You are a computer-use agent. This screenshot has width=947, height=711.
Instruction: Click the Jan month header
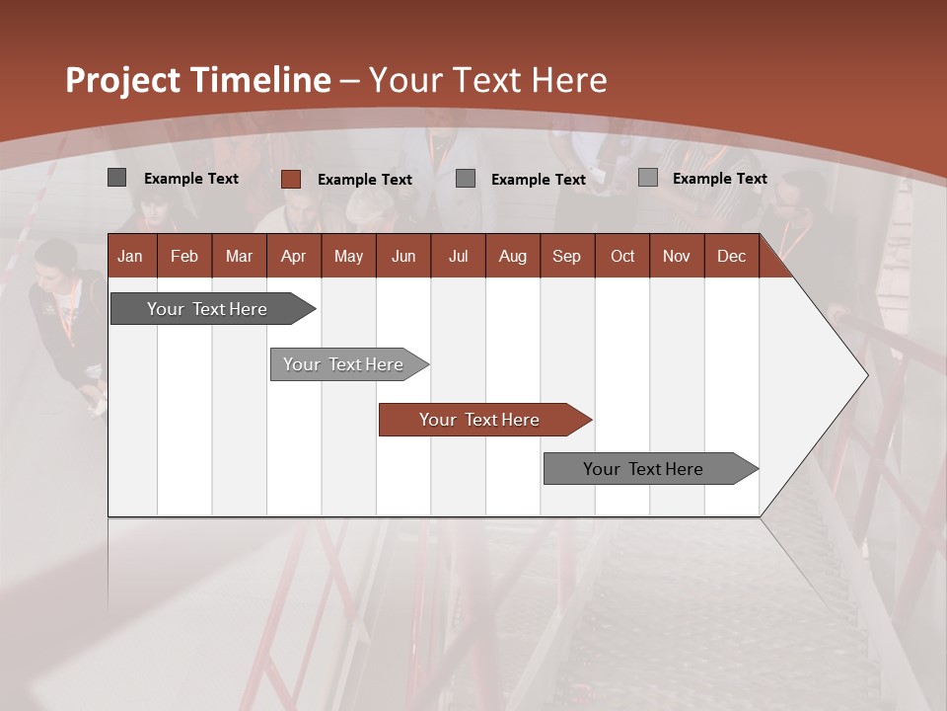coord(130,256)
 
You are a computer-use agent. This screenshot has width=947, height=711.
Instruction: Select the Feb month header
coord(184,256)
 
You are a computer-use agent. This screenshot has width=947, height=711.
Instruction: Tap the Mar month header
coord(239,256)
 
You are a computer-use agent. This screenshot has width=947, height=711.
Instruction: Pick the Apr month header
coord(293,256)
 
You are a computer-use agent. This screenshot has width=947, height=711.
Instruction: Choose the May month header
coord(348,256)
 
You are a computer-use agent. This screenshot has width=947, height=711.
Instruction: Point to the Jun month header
coord(403,256)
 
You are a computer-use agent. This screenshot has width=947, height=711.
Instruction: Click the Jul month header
coord(458,256)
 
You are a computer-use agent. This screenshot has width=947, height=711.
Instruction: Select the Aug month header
coord(512,256)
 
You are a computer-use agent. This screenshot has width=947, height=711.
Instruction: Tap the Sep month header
coord(566,256)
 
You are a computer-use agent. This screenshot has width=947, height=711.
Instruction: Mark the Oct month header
coord(622,256)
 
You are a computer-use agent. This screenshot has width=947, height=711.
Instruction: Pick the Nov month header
coord(677,256)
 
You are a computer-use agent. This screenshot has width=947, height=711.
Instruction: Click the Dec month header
coord(731,256)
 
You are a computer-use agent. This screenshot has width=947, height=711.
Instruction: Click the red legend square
coord(290,179)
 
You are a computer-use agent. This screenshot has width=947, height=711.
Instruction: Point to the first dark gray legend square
coord(116,178)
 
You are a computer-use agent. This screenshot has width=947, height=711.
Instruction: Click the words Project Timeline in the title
coord(198,80)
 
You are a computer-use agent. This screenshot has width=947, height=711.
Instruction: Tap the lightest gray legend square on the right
coord(647,178)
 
